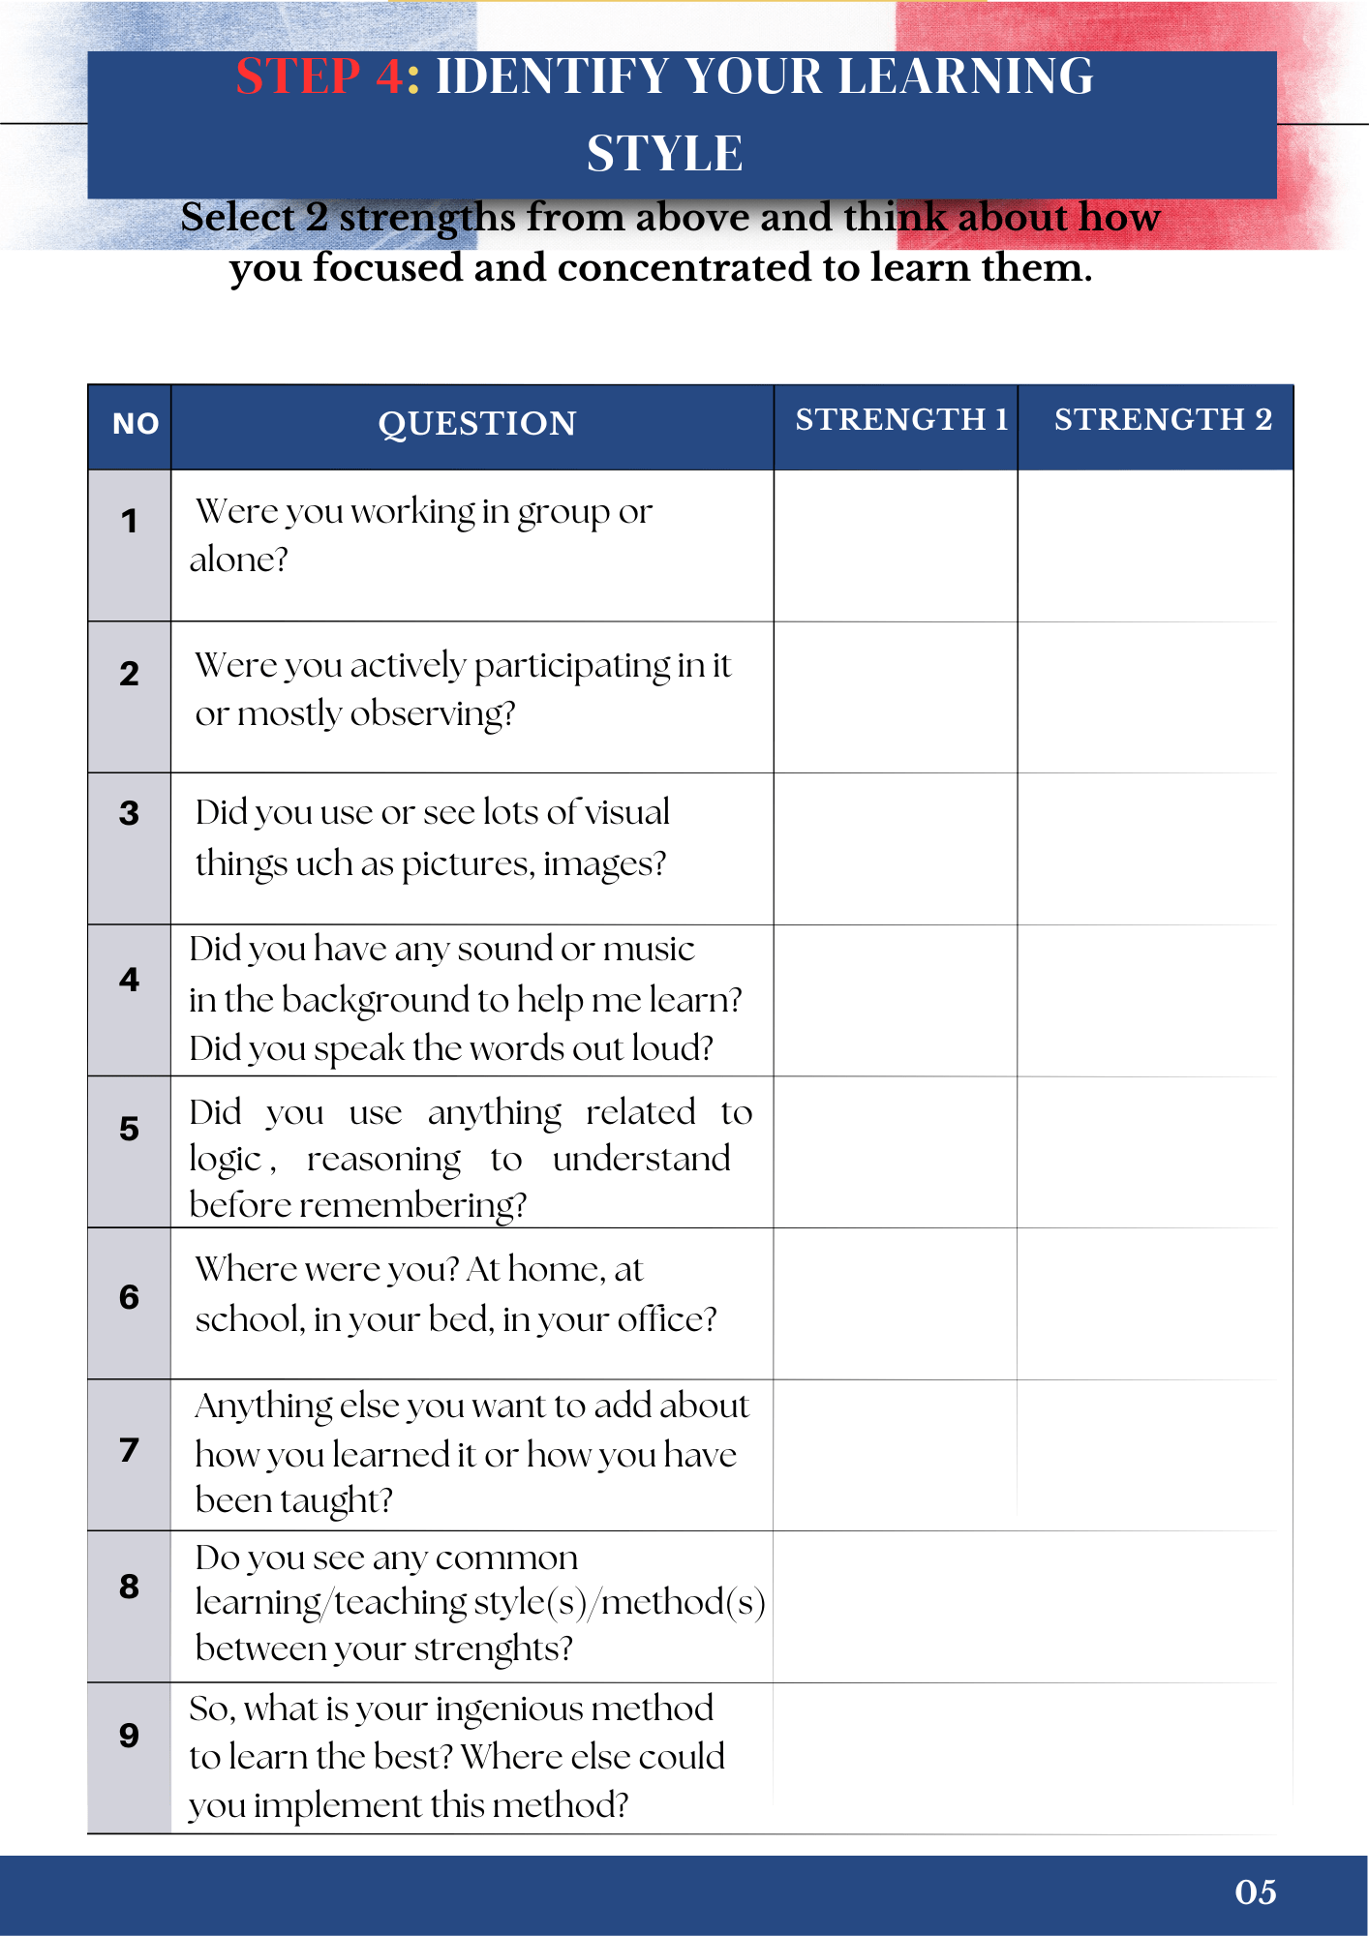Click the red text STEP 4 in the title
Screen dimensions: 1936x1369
(x=319, y=76)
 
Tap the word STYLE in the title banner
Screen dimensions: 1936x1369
(x=665, y=153)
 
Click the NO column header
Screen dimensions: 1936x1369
(x=135, y=424)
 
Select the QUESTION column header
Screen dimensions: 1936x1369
(x=477, y=424)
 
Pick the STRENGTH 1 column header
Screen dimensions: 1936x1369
(x=900, y=419)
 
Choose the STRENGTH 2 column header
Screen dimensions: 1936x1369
(x=1163, y=419)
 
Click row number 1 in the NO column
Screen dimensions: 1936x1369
(x=129, y=522)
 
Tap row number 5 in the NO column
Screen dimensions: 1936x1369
(x=129, y=1129)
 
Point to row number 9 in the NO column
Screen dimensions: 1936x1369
(x=129, y=1736)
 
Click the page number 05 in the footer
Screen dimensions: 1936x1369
(x=1255, y=1892)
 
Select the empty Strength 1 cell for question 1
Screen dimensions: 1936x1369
(x=896, y=546)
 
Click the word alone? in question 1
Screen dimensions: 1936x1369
(x=239, y=560)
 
